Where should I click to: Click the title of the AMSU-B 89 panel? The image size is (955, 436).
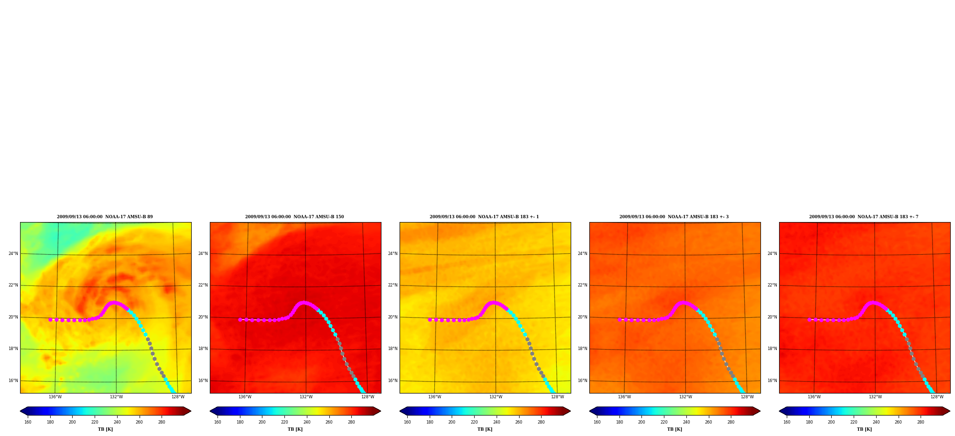point(105,217)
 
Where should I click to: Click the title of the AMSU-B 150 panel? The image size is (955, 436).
point(294,217)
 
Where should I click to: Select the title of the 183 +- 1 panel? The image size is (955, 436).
point(484,217)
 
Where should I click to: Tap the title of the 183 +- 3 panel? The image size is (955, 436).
point(674,217)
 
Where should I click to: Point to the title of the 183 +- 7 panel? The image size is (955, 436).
point(864,217)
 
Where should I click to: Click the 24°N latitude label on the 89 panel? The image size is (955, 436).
point(13,254)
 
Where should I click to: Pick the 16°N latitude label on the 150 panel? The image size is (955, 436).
point(203,381)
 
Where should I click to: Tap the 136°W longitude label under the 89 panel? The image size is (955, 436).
point(55,397)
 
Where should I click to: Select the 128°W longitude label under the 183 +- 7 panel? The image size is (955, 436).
point(937,397)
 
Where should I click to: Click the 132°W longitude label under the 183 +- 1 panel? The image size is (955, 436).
point(496,397)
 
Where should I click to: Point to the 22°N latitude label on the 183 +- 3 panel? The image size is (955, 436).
point(583,285)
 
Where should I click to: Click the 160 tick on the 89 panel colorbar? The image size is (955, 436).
point(28,422)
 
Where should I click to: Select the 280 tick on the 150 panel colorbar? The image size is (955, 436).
point(351,422)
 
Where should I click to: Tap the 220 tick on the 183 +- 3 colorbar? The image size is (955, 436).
point(664,422)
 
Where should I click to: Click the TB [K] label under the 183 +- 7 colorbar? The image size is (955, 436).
point(864,429)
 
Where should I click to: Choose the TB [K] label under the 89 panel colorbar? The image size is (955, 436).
point(105,429)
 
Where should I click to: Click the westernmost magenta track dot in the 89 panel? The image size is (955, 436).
point(50,319)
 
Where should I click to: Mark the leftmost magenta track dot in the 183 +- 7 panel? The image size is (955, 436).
point(809,319)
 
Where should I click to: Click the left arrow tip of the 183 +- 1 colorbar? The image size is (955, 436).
point(400,411)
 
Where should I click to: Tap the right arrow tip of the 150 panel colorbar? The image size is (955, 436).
point(380,411)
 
